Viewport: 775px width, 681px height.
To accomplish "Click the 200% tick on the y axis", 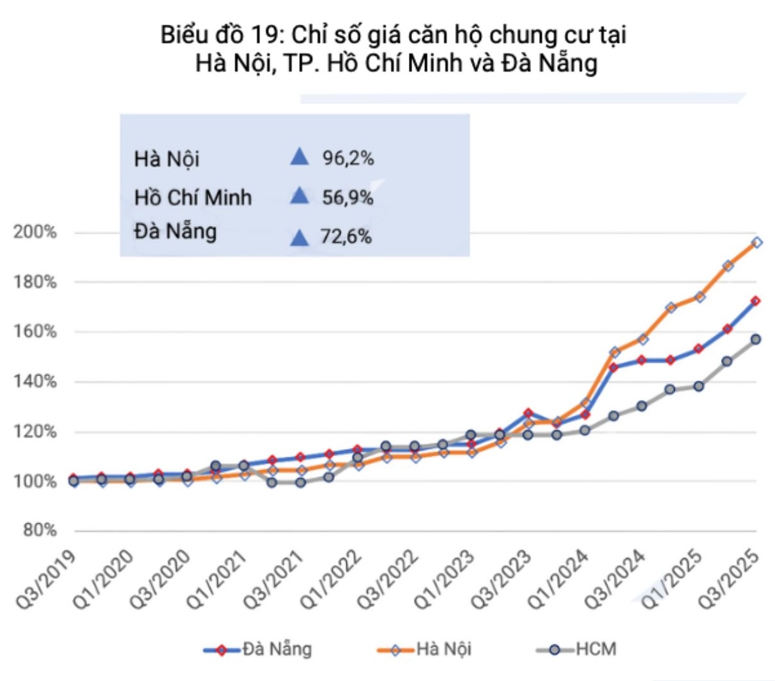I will pyautogui.click(x=35, y=233).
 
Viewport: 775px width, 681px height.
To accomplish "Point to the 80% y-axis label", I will pyautogui.click(x=40, y=531).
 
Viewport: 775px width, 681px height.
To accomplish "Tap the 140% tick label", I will pyautogui.click(x=35, y=382).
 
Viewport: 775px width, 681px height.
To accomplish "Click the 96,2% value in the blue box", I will pyautogui.click(x=348, y=158).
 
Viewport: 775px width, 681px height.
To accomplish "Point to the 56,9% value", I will pyautogui.click(x=348, y=197).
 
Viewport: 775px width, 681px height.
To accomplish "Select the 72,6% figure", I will pyautogui.click(x=346, y=237).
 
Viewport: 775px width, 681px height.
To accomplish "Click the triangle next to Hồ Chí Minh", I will pyautogui.click(x=299, y=196).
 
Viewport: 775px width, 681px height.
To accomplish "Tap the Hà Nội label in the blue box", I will pyautogui.click(x=167, y=159).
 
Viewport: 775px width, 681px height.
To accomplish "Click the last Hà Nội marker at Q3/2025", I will pyautogui.click(x=756, y=243).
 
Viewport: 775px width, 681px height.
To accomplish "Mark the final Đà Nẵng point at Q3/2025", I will pyautogui.click(x=755, y=301).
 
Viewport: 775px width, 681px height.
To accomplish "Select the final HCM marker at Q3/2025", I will pyautogui.click(x=756, y=339).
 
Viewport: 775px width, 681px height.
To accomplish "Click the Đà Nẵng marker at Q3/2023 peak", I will pyautogui.click(x=528, y=413).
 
